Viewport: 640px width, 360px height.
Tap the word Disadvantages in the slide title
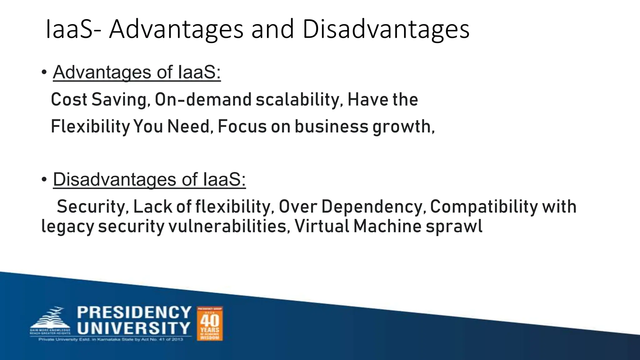pos(386,29)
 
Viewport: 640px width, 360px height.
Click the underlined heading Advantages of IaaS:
pos(137,72)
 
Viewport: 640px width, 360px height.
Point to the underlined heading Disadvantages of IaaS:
pos(149,180)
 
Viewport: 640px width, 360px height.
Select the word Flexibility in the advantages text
pos(90,127)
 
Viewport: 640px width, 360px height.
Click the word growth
pos(403,127)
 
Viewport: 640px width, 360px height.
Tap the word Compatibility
pos(484,207)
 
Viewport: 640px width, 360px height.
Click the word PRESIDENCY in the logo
pos(134,313)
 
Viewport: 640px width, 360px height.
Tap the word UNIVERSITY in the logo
pos(134,328)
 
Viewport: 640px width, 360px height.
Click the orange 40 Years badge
pos(210,323)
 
